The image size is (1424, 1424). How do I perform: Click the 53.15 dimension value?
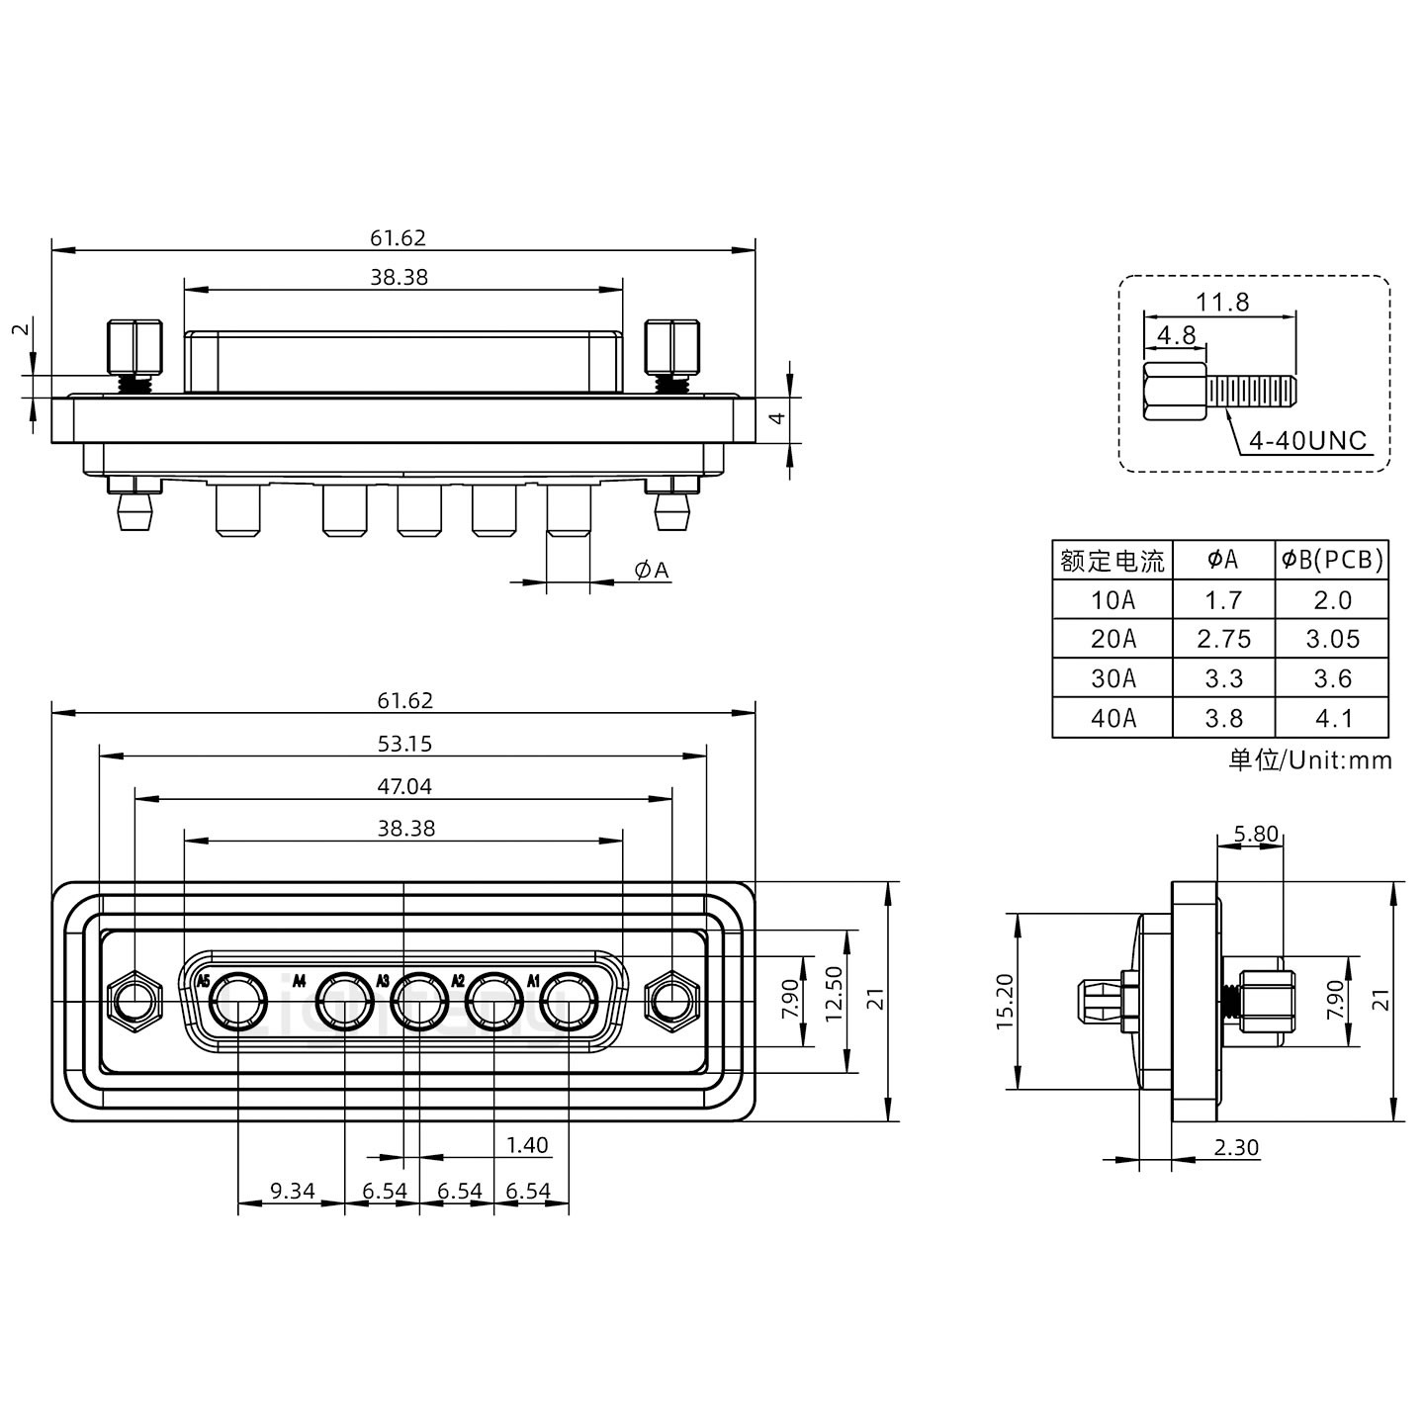coord(404,744)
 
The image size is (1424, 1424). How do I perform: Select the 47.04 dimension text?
coord(404,787)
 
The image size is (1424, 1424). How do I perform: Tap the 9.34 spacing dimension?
coord(292,1191)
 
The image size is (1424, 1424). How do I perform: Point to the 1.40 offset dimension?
coord(526,1145)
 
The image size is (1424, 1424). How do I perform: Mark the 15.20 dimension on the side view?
coord(1005,1002)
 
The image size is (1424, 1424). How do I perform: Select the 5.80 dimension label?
coord(1256,834)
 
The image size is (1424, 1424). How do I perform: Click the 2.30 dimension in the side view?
coord(1236,1147)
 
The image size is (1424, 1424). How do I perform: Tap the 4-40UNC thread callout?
coord(1307,441)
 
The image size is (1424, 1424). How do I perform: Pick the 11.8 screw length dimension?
coord(1222,302)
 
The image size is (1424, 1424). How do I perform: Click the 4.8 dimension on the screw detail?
coord(1176,335)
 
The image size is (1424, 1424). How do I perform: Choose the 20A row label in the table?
coord(1112,640)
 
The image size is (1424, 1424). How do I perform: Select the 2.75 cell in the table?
coord(1223,640)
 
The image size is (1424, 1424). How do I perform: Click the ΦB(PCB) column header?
coord(1332,561)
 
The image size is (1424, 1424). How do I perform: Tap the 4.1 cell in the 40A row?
coord(1332,719)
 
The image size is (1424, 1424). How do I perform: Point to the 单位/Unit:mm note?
coord(1309,760)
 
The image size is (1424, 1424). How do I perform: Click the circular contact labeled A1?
coord(570,1002)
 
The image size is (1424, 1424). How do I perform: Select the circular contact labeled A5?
coord(239,1002)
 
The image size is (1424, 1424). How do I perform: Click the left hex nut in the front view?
coord(134,1002)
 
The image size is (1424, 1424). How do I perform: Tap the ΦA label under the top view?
coord(652,571)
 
